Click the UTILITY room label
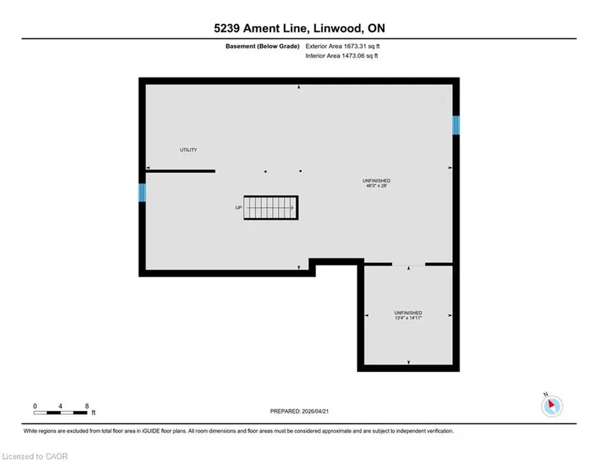coord(188,150)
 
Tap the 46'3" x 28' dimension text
coord(376,186)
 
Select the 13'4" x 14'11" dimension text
coord(408,318)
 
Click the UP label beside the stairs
coord(238,208)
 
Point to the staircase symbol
coord(271,208)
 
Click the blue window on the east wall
coord(456,125)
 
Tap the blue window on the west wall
coord(142,193)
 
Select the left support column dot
coord(265,172)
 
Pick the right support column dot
coord(301,172)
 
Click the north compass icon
coord(552,406)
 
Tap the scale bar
coord(60,413)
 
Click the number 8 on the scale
coord(87,406)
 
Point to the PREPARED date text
coord(299,411)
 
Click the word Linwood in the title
coord(336,28)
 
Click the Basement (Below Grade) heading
coord(262,46)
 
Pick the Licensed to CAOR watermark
coord(35,456)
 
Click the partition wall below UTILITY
coord(180,172)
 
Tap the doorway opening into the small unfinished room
coord(409,264)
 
